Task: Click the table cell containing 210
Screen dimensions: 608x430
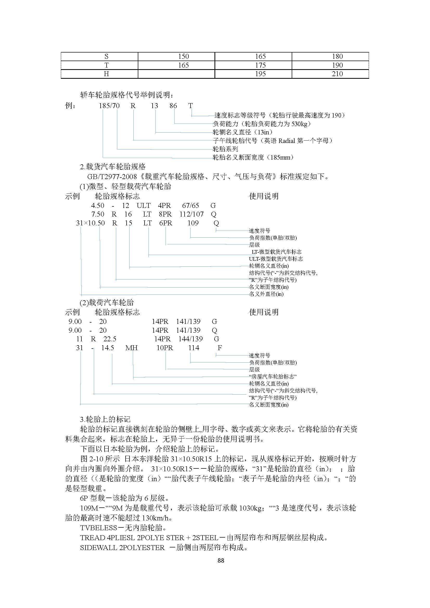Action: coord(337,74)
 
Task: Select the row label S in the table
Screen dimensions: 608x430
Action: coord(106,56)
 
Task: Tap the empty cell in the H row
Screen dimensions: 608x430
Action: coord(176,74)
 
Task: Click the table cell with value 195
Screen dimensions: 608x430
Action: coord(260,74)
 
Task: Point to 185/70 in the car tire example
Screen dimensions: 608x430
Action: coord(109,106)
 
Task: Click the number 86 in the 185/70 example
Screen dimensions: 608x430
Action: coord(173,106)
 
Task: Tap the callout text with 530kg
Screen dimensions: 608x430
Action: coord(262,124)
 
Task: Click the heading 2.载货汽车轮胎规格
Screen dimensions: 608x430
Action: coord(113,167)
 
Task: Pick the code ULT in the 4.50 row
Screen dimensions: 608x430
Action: coord(144,206)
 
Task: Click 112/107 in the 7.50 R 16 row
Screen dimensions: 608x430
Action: coord(191,214)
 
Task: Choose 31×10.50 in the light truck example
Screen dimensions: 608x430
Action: coord(90,223)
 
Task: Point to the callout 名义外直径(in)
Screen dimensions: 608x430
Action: coord(266,294)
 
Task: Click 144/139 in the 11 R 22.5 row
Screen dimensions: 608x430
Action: coord(190,339)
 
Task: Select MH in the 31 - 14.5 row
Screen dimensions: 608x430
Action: coord(131,348)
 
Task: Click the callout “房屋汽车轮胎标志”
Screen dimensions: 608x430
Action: coord(272,377)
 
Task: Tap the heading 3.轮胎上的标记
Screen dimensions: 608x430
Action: coord(105,420)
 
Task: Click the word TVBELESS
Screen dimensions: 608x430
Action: coord(99,528)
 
